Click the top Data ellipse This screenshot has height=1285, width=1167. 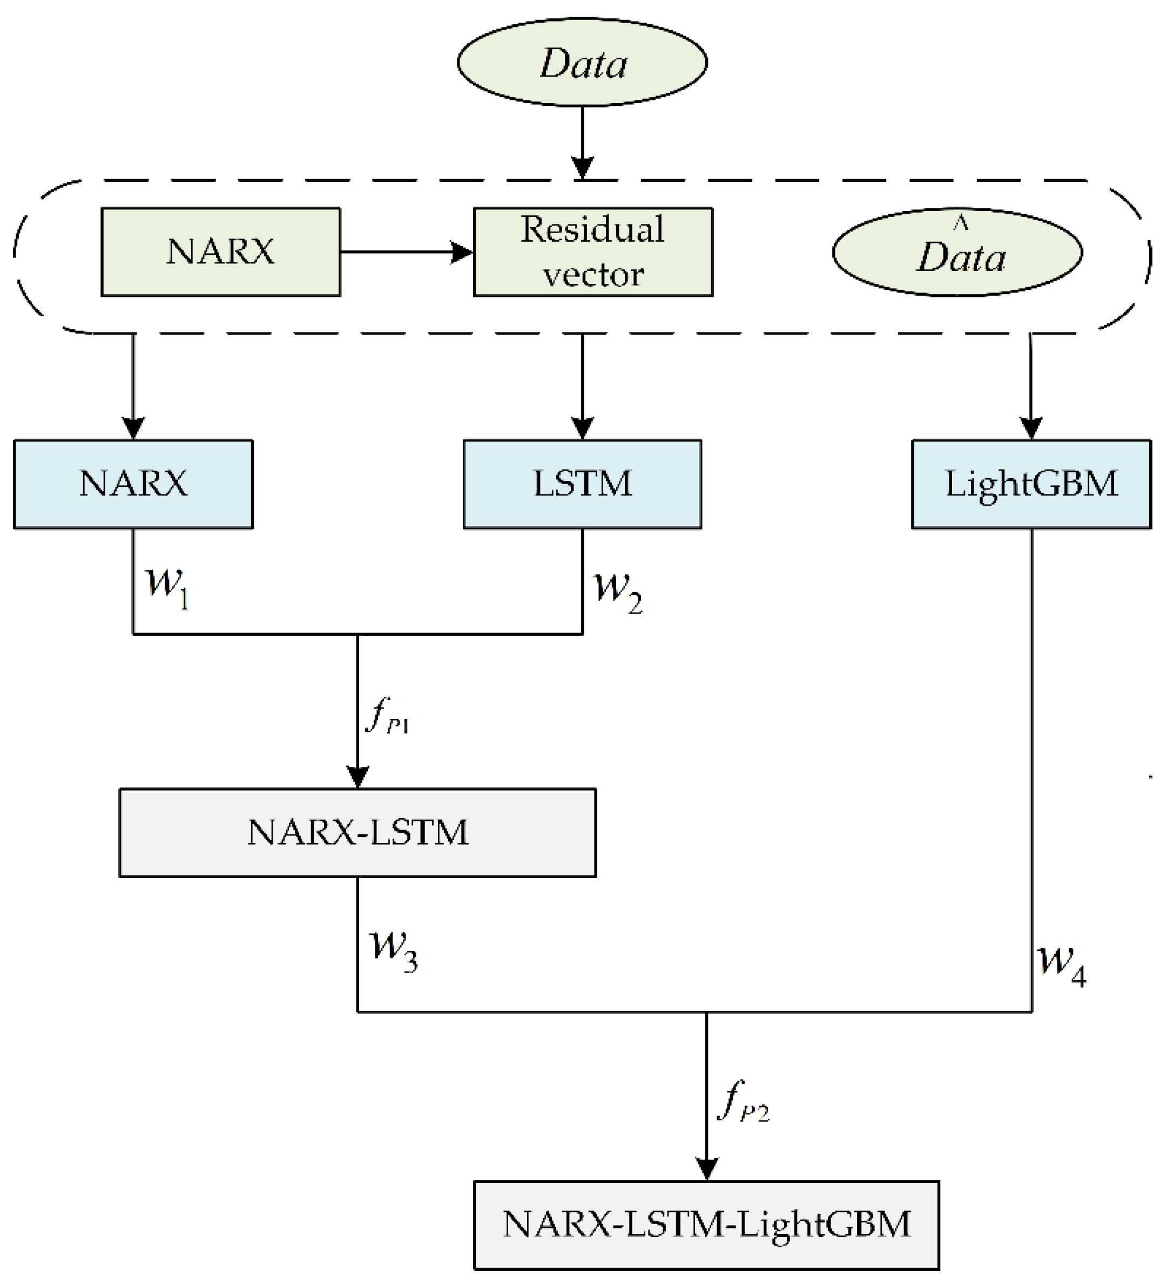(x=582, y=63)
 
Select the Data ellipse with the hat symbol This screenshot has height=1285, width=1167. (x=956, y=252)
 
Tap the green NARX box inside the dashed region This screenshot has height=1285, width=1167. (x=221, y=252)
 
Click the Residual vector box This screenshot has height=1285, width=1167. (x=592, y=252)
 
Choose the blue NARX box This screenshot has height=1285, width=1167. (x=133, y=484)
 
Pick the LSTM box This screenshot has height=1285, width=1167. (x=582, y=484)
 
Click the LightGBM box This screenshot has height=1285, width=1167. (x=1030, y=484)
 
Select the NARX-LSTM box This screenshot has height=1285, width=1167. (x=357, y=832)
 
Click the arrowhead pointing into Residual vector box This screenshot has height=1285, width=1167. (x=462, y=252)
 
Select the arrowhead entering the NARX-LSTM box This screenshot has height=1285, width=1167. (x=357, y=777)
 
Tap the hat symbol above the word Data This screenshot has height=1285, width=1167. (x=960, y=222)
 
